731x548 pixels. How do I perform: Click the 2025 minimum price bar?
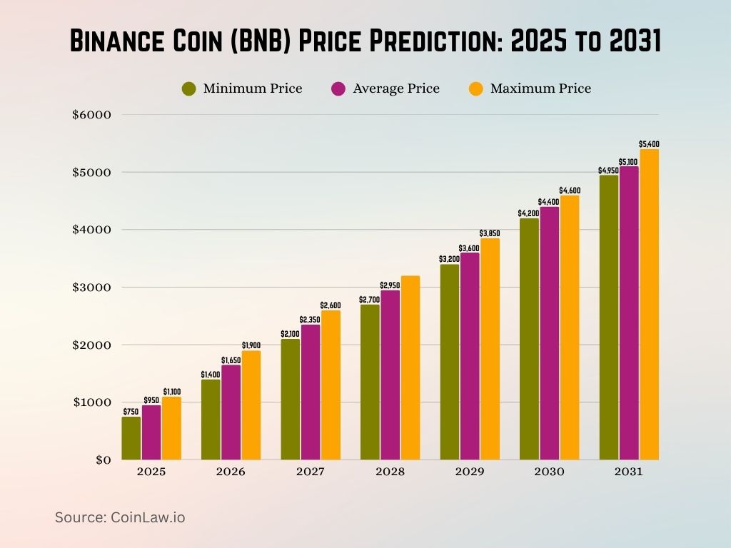(x=131, y=438)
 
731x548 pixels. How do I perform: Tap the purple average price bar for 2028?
(x=390, y=375)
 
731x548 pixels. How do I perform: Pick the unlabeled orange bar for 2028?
(x=410, y=367)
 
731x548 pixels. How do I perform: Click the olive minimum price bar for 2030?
(x=529, y=339)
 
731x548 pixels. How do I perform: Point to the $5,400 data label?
(x=649, y=144)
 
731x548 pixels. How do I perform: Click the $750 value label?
(x=131, y=412)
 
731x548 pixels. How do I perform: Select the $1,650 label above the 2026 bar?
(x=231, y=360)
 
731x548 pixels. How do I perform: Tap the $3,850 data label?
(x=490, y=233)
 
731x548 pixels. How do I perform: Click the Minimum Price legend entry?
(x=243, y=88)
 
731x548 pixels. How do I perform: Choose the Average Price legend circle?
(x=338, y=88)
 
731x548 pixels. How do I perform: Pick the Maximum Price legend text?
(x=540, y=88)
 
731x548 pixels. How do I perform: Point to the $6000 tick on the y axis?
(x=91, y=115)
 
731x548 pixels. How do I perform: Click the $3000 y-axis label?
(x=91, y=288)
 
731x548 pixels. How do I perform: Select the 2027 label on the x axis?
(x=311, y=472)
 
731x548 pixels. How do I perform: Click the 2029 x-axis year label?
(x=470, y=472)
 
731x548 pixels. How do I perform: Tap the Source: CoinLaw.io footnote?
(x=120, y=517)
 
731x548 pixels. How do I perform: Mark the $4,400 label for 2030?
(x=549, y=202)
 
